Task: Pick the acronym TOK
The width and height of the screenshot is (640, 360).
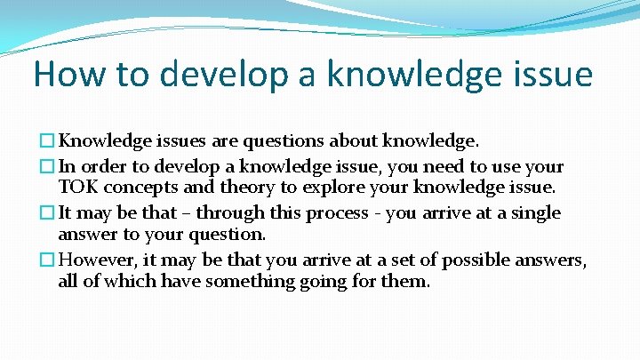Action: [76, 188]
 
